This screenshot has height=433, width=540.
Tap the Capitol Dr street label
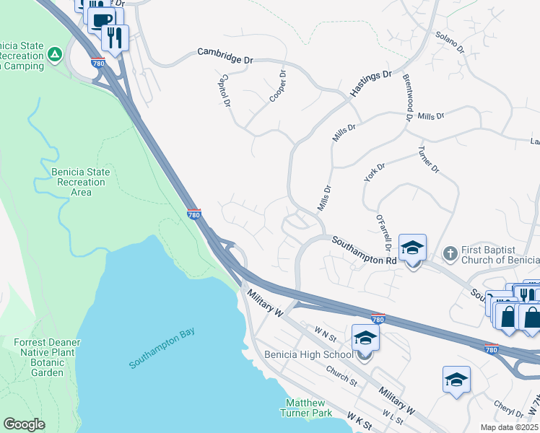pyautogui.click(x=225, y=90)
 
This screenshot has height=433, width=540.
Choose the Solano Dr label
pyautogui.click(x=448, y=40)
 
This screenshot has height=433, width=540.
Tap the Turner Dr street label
pyautogui.click(x=428, y=160)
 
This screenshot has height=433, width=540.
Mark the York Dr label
pyautogui.click(x=372, y=171)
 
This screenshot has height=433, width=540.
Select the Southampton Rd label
pyautogui.click(x=365, y=250)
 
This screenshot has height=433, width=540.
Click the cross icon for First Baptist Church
pyautogui.click(x=449, y=253)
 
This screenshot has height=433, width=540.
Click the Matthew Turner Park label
pyautogui.click(x=308, y=408)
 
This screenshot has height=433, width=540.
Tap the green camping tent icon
pyautogui.click(x=55, y=54)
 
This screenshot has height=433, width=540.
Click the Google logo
pyautogui.click(x=24, y=424)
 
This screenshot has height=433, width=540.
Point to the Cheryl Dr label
pyautogui.click(x=508, y=409)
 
